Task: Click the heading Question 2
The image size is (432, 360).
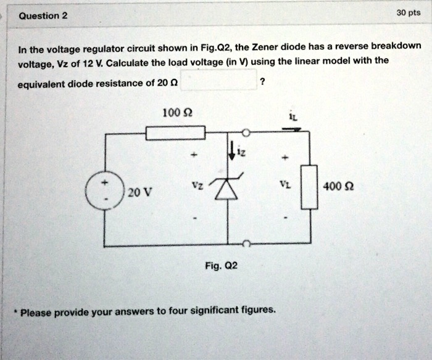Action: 43,15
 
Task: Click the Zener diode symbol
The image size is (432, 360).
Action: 228,189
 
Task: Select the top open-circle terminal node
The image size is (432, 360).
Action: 246,133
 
